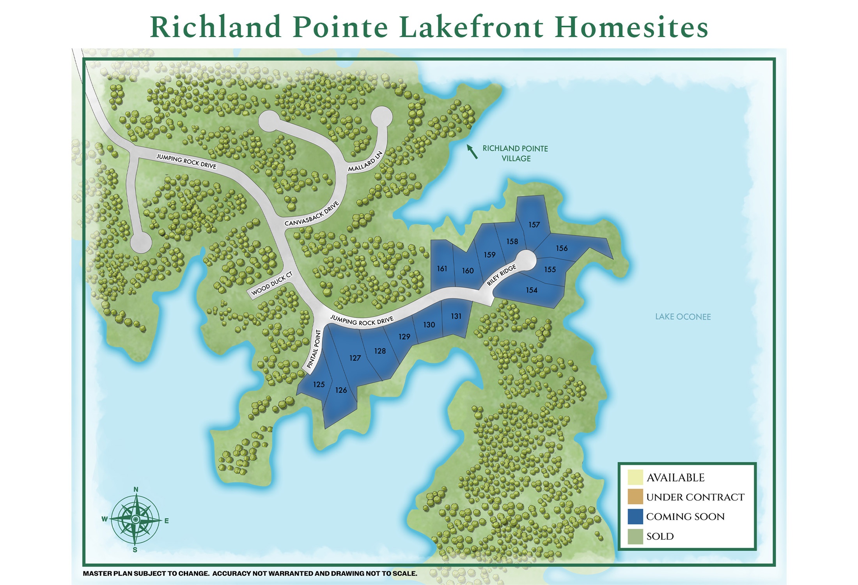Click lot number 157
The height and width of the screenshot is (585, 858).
click(534, 225)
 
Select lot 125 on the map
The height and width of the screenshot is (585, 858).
click(319, 385)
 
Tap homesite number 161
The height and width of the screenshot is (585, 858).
click(442, 269)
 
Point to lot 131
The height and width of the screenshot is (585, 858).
click(456, 316)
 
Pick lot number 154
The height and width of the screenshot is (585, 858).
click(531, 290)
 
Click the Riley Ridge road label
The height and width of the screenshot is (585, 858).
click(501, 275)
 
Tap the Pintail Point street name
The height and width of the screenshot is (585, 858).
click(314, 349)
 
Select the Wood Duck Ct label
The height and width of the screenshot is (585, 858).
click(272, 284)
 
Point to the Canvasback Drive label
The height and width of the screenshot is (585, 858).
click(312, 214)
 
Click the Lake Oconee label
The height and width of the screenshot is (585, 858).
click(683, 317)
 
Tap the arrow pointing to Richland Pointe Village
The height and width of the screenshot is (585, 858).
click(472, 151)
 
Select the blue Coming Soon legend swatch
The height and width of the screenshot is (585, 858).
click(635, 516)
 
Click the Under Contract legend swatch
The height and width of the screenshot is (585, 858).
click(635, 497)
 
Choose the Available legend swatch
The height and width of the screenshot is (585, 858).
click(635, 477)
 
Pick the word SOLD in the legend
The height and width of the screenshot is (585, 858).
click(660, 536)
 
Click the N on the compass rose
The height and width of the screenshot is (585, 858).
click(136, 489)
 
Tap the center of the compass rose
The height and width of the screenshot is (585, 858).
click(135, 519)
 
